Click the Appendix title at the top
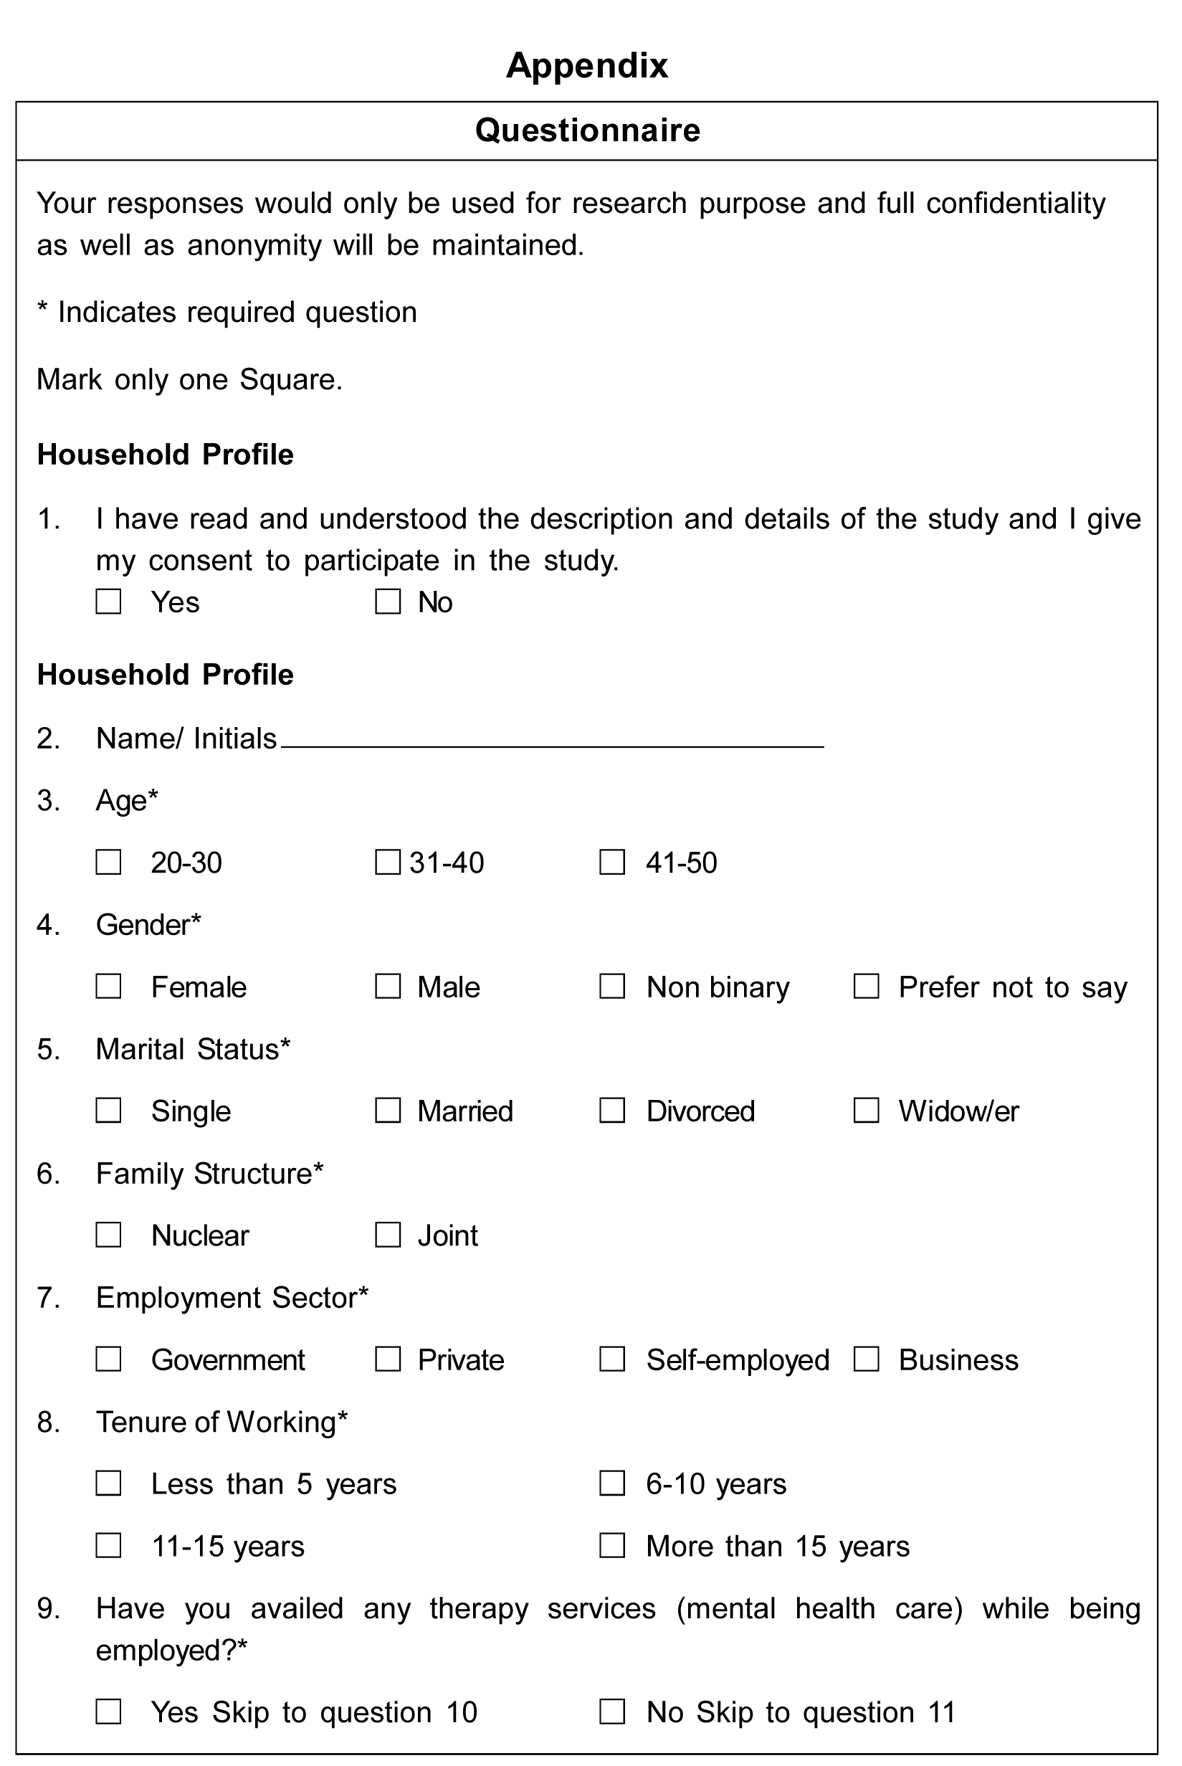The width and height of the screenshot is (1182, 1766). click(x=587, y=65)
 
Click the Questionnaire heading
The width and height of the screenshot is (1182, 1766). click(x=587, y=130)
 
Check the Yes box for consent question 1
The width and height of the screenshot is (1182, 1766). click(x=108, y=602)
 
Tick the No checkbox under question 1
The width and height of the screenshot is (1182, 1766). click(x=388, y=602)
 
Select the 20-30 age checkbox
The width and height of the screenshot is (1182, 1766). click(x=108, y=862)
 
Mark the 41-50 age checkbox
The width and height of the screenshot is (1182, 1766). click(x=612, y=862)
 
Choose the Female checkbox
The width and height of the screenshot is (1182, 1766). click(x=108, y=987)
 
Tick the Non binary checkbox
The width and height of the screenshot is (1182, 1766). click(x=612, y=987)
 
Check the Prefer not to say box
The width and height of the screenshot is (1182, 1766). click(x=866, y=987)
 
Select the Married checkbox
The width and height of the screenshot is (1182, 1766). click(x=388, y=1110)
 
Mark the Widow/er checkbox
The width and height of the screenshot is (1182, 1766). click(x=866, y=1110)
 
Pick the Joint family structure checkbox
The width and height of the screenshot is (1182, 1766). click(x=388, y=1235)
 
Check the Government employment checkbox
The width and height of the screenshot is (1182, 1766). click(x=108, y=1359)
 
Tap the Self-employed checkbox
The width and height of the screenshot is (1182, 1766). click(x=612, y=1359)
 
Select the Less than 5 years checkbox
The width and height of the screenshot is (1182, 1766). click(x=108, y=1483)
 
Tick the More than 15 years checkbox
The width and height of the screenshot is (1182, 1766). click(x=612, y=1546)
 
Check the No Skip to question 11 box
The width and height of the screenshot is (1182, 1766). click(x=612, y=1712)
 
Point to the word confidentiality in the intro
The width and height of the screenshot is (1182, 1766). click(x=1016, y=204)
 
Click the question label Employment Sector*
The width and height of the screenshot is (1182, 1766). click(x=232, y=1298)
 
